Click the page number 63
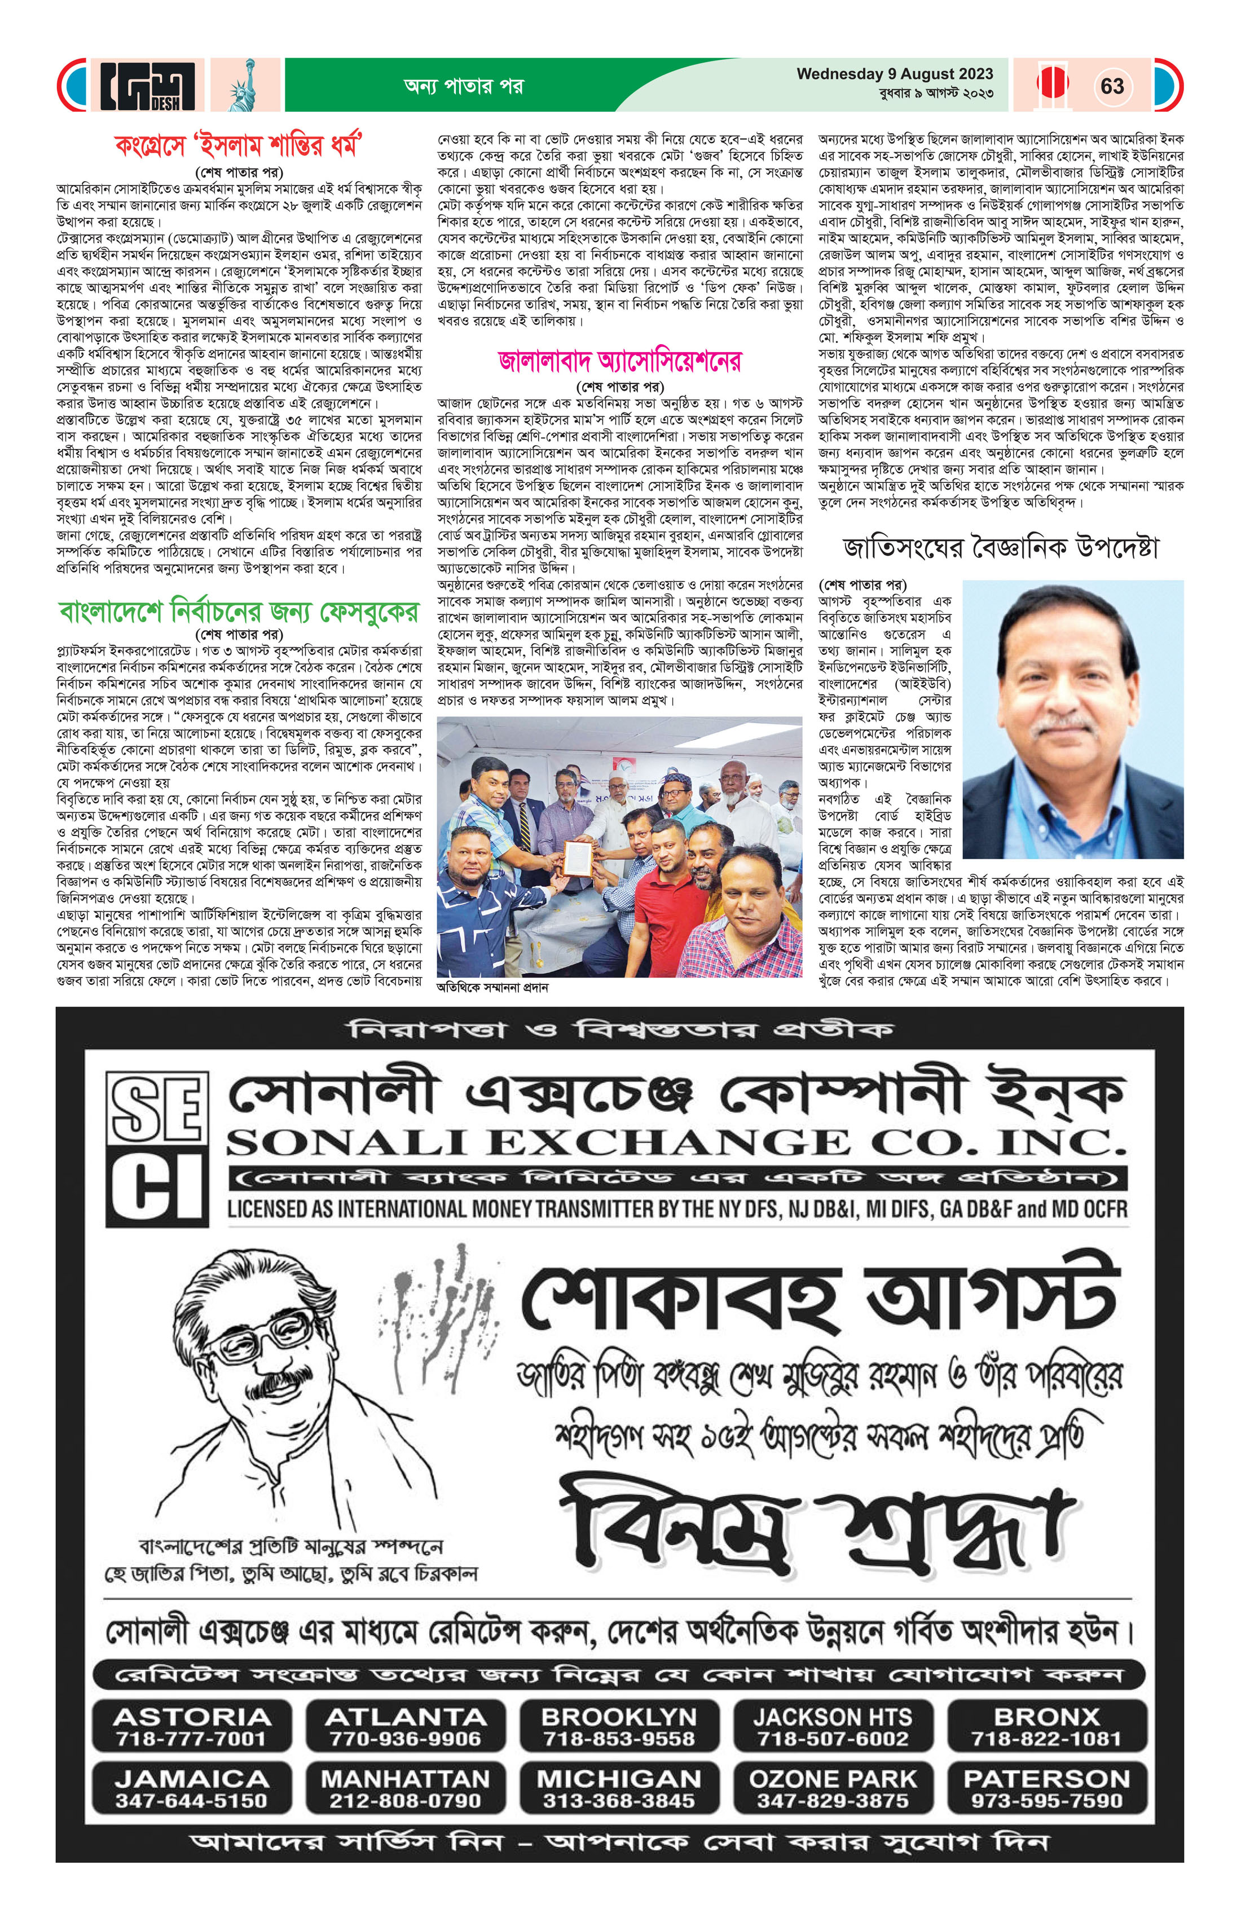1111,86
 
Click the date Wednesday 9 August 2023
895,74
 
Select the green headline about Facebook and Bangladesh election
239,613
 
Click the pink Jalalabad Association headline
619,361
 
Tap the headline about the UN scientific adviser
1000,549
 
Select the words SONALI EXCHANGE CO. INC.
675,1143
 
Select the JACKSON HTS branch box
833,1727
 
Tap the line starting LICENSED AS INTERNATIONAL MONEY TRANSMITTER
677,1209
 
